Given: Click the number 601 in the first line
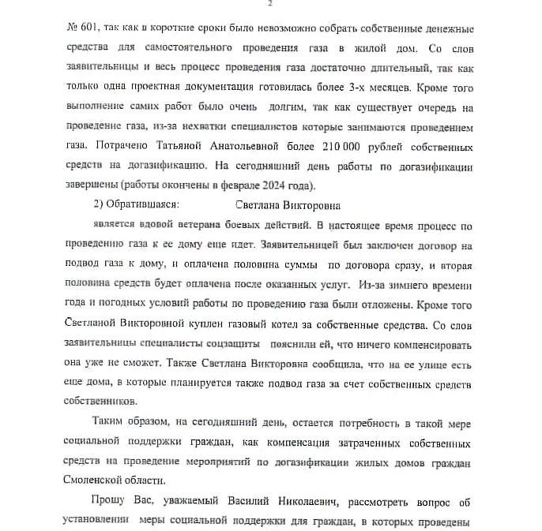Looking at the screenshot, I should tap(81, 28).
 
